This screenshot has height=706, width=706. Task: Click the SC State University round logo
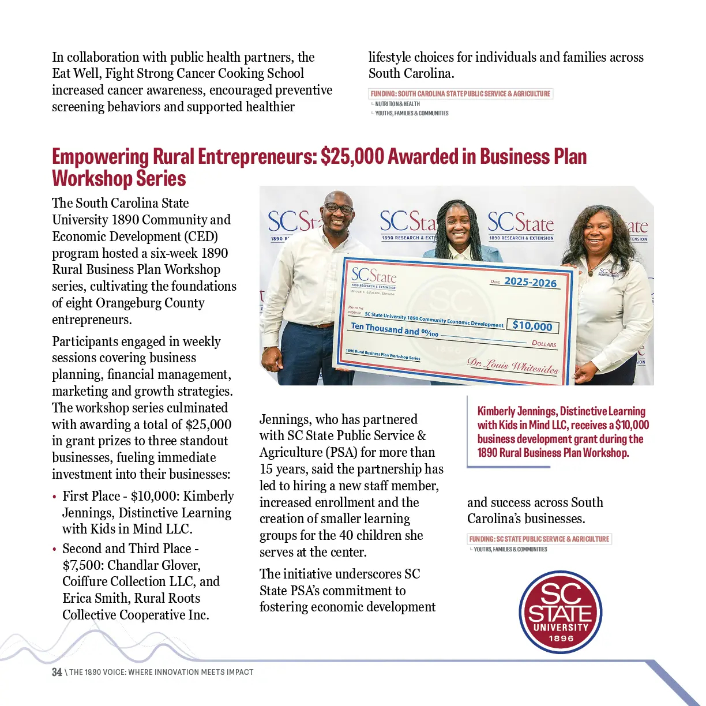click(561, 612)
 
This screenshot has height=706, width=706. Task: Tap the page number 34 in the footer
click(57, 672)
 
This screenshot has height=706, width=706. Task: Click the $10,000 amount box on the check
click(532, 326)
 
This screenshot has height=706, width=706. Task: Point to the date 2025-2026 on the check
click(530, 282)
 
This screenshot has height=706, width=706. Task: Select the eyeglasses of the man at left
click(339, 208)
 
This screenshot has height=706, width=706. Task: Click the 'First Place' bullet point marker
click(54, 497)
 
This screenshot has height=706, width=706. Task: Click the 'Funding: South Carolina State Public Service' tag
click(460, 93)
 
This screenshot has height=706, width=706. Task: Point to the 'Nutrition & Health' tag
click(397, 104)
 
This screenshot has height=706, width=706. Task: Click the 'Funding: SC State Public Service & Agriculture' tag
click(539, 539)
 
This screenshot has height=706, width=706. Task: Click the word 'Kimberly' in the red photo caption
click(496, 411)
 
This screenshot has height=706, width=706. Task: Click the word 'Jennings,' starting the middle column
click(284, 419)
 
